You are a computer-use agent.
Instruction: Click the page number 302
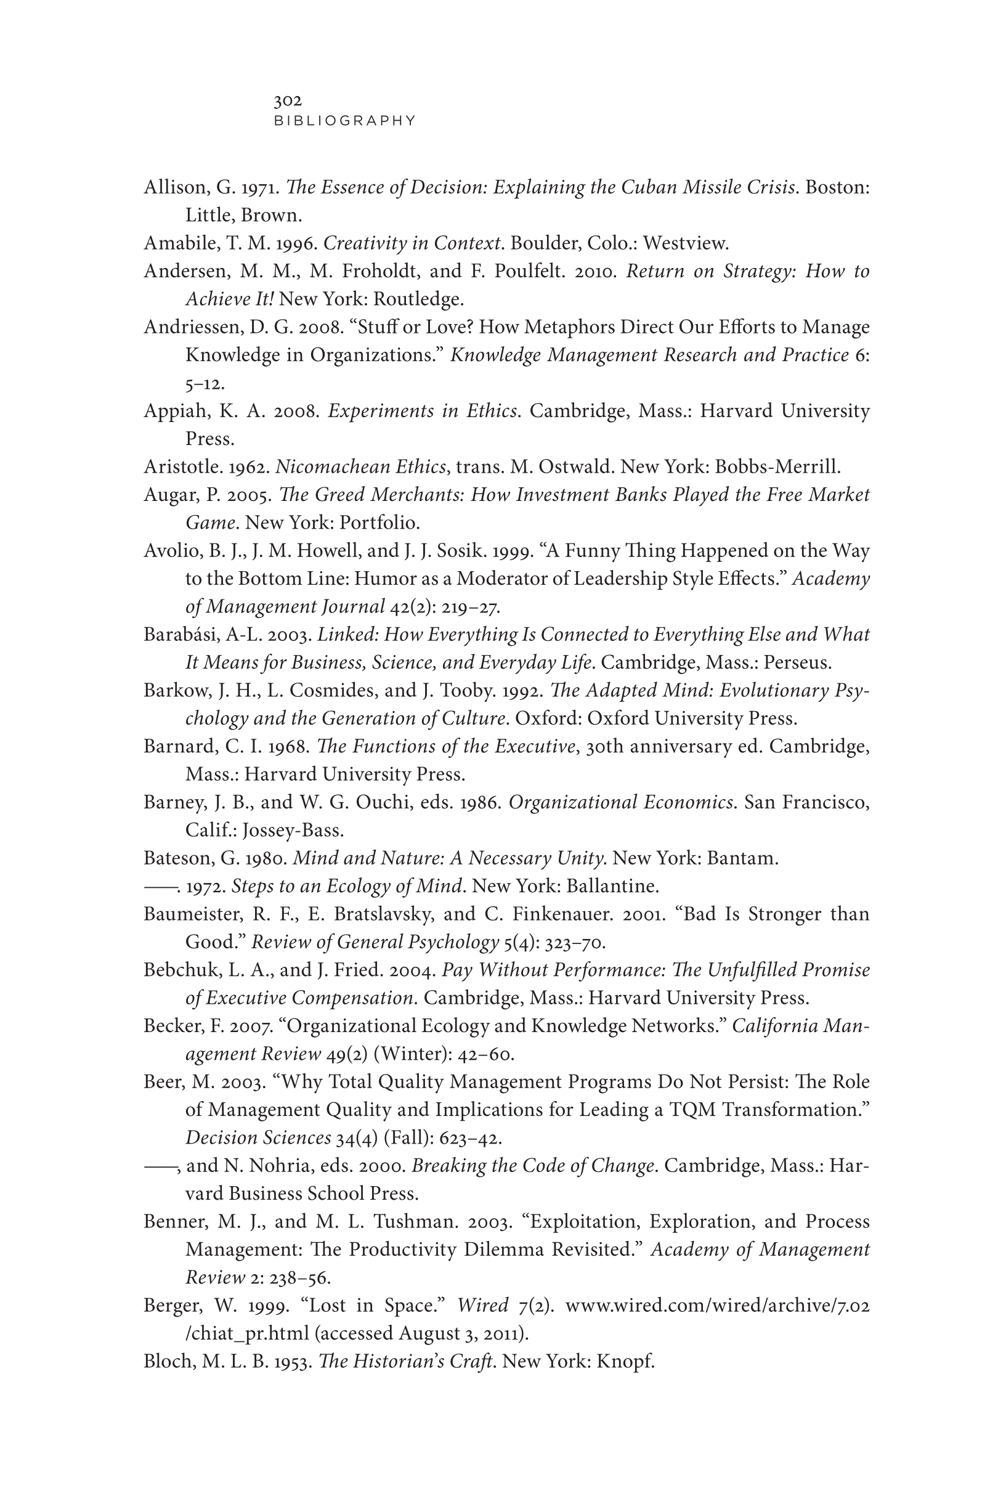pos(288,100)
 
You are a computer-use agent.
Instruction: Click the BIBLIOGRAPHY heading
pos(345,121)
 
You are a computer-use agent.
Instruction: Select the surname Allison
pos(174,187)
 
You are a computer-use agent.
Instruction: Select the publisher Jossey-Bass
pos(293,830)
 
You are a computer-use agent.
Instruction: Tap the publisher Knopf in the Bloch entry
pos(625,1362)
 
